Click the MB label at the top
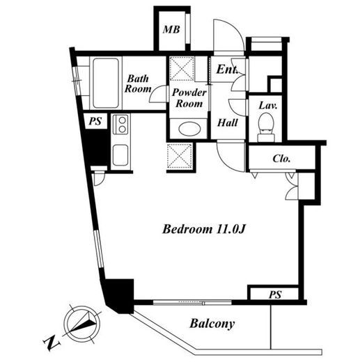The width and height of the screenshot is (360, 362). [x=171, y=29]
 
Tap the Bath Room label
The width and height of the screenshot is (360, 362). [x=138, y=84]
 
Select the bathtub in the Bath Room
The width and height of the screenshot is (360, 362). [x=106, y=83]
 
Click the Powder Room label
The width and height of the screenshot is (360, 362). [x=189, y=98]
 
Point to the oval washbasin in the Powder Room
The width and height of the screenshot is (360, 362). [x=189, y=129]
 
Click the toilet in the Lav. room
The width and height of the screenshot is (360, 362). [x=266, y=127]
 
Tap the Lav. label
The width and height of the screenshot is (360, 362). [x=268, y=106]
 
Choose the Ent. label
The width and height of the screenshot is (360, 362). [x=227, y=69]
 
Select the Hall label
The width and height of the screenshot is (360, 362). [x=228, y=123]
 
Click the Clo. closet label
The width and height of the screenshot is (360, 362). [x=281, y=159]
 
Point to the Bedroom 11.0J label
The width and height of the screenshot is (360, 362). [x=204, y=229]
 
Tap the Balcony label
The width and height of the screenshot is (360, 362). [x=212, y=324]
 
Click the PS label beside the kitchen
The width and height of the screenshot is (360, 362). [x=95, y=121]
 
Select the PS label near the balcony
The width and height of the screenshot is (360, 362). [x=275, y=294]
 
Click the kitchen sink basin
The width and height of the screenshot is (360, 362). [x=120, y=155]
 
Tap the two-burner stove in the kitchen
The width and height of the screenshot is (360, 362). [x=120, y=125]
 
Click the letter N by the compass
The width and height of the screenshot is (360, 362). [x=52, y=342]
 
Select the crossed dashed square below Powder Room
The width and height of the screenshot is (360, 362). [x=180, y=156]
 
